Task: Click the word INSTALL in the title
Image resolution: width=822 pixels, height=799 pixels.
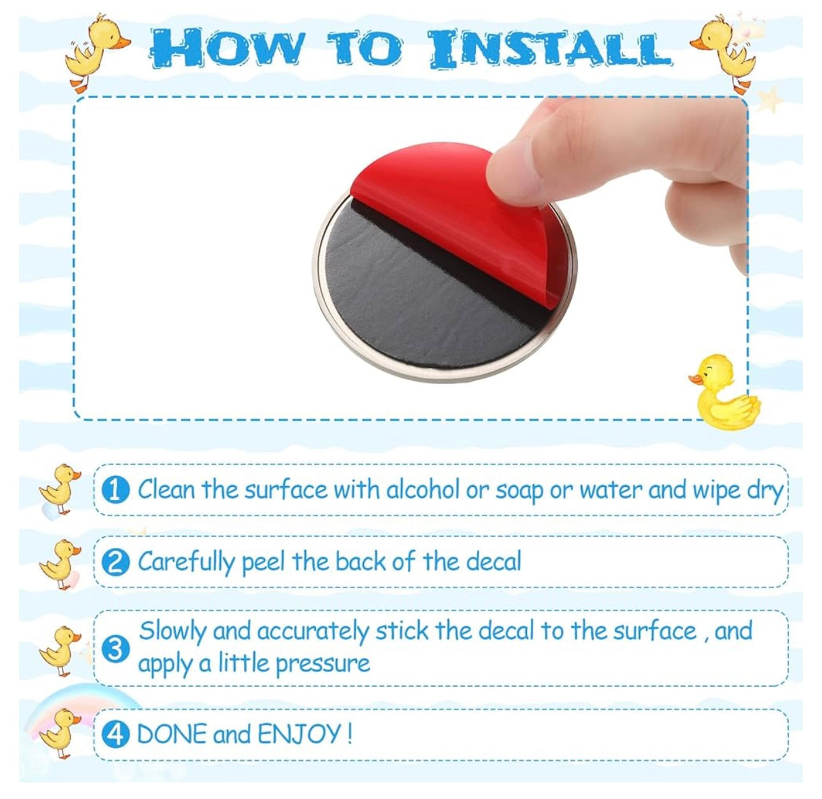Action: (x=551, y=48)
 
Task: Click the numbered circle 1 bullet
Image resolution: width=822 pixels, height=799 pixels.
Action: (x=115, y=491)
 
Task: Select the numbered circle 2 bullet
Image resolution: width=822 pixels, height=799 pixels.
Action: (x=115, y=564)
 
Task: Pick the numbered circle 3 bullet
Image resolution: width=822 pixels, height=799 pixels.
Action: (x=115, y=650)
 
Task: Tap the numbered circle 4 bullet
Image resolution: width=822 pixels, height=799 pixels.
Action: (x=115, y=735)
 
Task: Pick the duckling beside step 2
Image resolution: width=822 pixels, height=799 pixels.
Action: (x=59, y=564)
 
